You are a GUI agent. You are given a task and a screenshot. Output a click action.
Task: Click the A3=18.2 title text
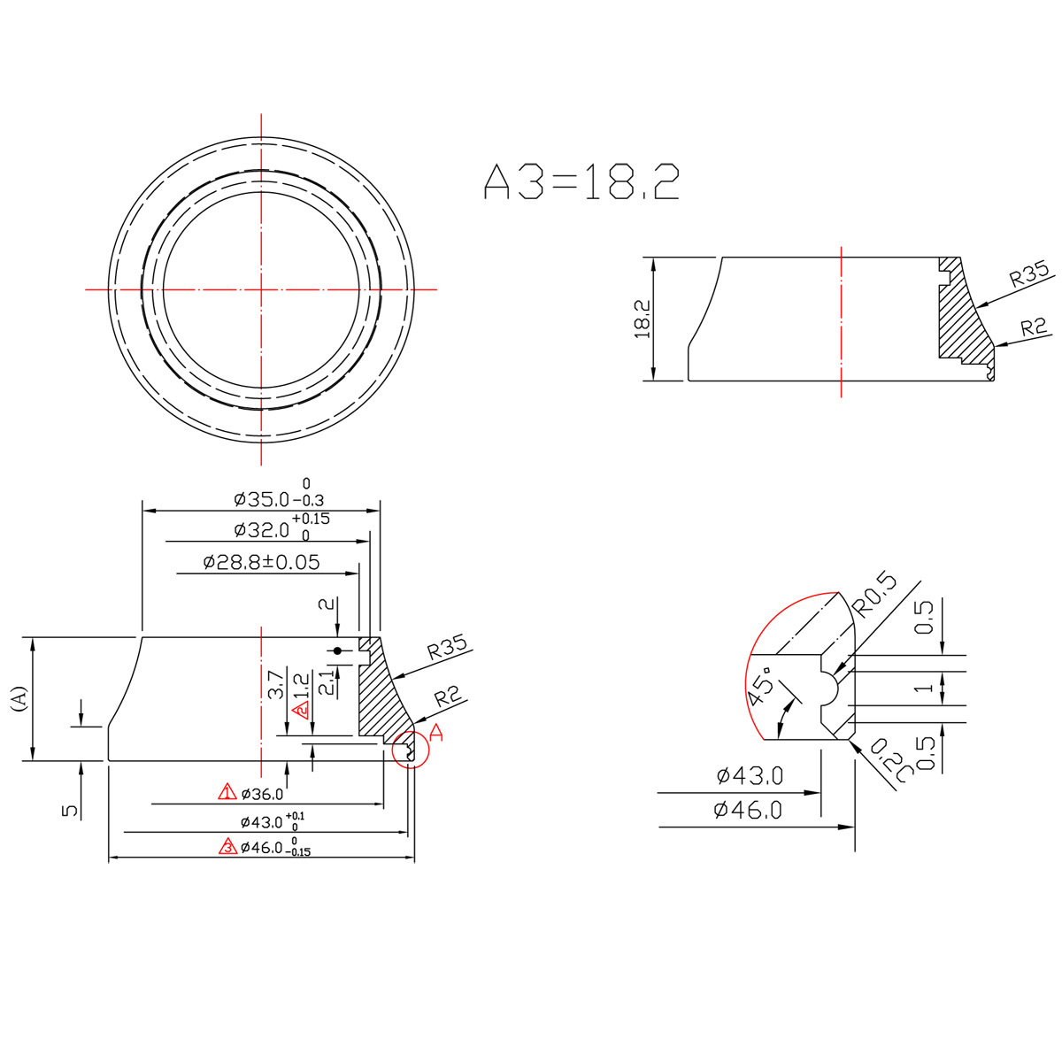click(x=581, y=181)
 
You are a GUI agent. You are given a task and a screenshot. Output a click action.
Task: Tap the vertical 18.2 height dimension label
click(x=643, y=319)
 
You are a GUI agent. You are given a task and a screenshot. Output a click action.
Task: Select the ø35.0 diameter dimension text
click(x=261, y=499)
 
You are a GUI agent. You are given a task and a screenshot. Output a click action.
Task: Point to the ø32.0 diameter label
click(x=261, y=530)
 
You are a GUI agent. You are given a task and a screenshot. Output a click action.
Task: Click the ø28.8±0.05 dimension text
click(x=261, y=562)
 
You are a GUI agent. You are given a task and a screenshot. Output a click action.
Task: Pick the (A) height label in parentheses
click(x=19, y=698)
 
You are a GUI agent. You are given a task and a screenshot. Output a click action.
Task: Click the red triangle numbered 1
click(x=227, y=792)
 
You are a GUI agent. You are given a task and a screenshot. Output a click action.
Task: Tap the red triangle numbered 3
click(x=227, y=846)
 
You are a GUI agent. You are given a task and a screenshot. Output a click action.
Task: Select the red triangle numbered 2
click(x=302, y=710)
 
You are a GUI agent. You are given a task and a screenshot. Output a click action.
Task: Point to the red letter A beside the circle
click(x=436, y=733)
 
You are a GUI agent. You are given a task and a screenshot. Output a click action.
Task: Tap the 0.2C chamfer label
click(x=890, y=760)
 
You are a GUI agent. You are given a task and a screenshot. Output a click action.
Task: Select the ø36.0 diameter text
click(x=262, y=794)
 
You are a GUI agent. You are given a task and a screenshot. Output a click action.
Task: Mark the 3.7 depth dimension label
click(x=275, y=683)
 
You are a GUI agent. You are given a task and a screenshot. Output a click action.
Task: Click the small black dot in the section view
click(x=338, y=650)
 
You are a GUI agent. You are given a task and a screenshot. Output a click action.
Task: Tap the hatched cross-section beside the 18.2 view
click(x=960, y=319)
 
